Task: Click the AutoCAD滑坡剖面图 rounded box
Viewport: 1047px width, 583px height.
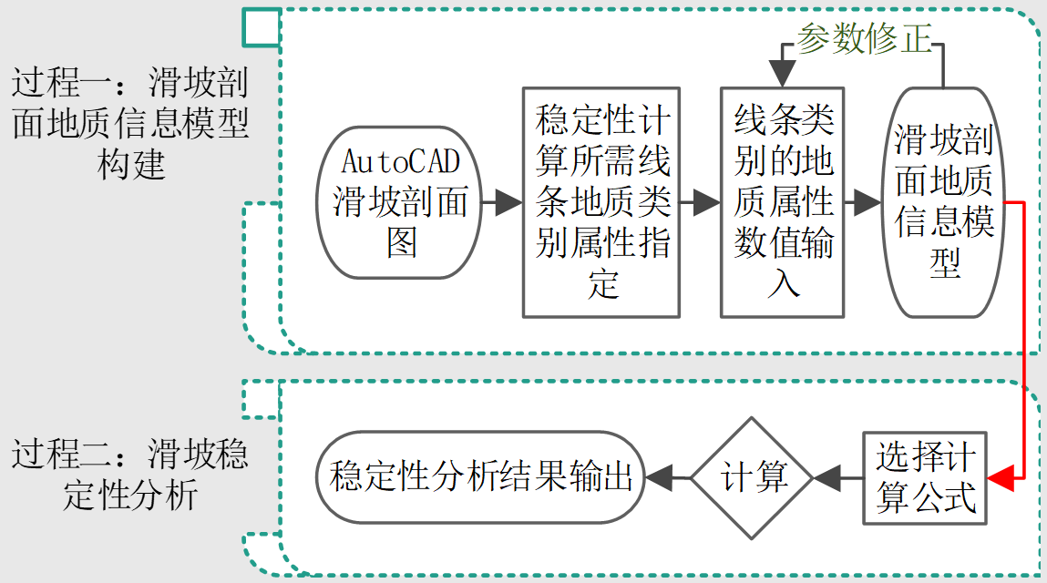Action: coord(400,202)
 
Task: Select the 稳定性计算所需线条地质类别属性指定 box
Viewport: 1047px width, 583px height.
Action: coord(601,202)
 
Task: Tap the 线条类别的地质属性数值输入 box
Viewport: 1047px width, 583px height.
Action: coord(782,202)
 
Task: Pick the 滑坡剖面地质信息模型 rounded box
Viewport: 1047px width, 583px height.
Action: coord(943,202)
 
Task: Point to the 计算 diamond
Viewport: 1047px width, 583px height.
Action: coord(752,477)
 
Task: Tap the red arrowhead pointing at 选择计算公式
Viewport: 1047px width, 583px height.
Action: coord(1001,476)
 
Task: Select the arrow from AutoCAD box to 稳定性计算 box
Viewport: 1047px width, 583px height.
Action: coord(502,202)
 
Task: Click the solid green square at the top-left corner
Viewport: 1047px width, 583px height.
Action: coord(261,27)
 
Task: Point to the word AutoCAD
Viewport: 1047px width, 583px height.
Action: coord(400,161)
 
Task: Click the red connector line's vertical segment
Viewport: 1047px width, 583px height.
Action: coord(1025,337)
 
